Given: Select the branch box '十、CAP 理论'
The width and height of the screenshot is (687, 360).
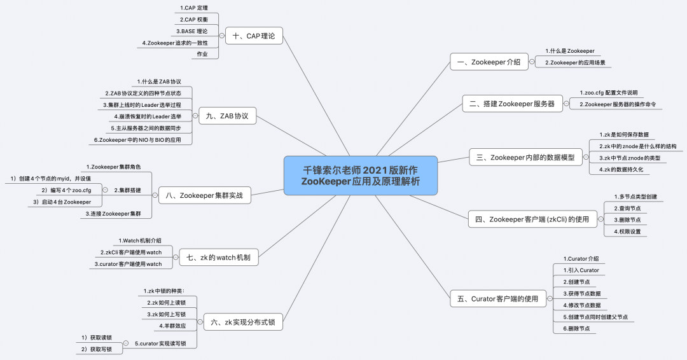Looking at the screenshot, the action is click(x=253, y=36).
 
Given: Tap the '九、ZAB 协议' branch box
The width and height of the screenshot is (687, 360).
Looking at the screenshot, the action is click(x=227, y=116).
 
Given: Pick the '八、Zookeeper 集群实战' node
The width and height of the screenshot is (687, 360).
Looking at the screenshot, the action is click(x=204, y=195).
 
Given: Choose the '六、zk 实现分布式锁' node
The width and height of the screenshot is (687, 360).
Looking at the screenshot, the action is click(x=242, y=322).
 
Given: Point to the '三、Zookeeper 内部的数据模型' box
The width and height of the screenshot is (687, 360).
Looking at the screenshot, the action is click(x=525, y=158).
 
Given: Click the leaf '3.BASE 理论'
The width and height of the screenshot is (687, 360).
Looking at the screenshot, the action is click(x=191, y=31).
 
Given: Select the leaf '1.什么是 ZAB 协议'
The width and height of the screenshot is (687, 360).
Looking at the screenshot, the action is click(x=159, y=82).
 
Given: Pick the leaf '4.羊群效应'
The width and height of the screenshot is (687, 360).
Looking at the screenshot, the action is click(x=172, y=326).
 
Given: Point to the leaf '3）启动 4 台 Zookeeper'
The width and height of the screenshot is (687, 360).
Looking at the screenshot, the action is click(x=62, y=202).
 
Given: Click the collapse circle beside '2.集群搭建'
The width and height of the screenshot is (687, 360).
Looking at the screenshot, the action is click(x=106, y=190).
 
